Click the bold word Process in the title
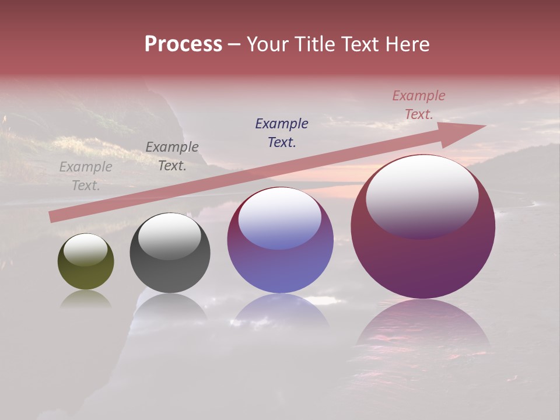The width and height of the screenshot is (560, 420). (x=183, y=44)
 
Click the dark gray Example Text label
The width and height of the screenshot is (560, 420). (x=172, y=156)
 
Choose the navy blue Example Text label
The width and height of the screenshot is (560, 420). (x=282, y=132)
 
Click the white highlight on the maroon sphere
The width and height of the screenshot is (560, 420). (x=422, y=195)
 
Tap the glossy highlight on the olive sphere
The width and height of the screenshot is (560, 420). (x=85, y=249)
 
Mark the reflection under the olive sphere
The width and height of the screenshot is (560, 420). (x=86, y=299)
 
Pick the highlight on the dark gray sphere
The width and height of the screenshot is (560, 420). (x=170, y=235)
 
